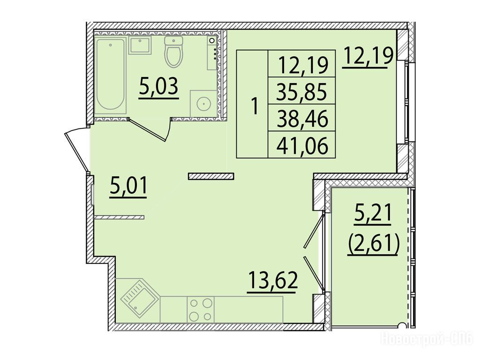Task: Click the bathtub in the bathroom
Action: point(111,75)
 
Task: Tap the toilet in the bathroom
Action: point(173,51)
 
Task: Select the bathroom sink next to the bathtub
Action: point(140,45)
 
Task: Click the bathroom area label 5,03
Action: point(158,88)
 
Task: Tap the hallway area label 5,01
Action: point(128,187)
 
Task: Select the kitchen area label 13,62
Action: point(273,281)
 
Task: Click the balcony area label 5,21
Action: point(373,214)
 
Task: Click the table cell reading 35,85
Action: point(302,91)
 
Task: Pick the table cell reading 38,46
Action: point(302,118)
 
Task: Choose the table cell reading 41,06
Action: point(302,145)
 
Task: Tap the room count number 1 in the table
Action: point(254,105)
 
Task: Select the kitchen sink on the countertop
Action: point(140,296)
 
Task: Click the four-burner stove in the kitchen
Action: point(201,309)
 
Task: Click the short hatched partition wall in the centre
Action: point(211,176)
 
